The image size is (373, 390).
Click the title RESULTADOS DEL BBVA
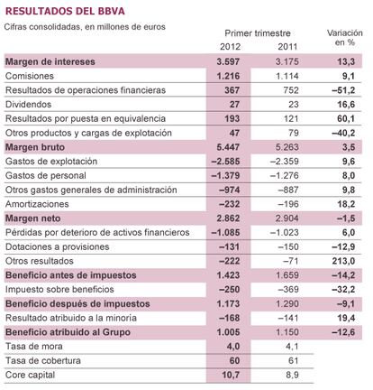[x=65, y=12]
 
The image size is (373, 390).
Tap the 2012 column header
[x=230, y=47]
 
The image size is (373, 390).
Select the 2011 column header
[x=287, y=47]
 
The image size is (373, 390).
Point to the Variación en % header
[x=345, y=38]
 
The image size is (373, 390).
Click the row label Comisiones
[x=30, y=76]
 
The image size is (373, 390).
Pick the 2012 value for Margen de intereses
[x=228, y=61]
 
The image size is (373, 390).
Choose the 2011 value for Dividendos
[x=293, y=105]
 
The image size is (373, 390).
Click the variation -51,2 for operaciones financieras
[x=343, y=90]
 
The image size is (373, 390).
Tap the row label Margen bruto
[x=35, y=147]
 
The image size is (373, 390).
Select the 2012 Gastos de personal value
[x=225, y=175]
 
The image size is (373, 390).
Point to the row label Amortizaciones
[x=37, y=204]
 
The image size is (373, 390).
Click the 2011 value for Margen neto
[x=287, y=218]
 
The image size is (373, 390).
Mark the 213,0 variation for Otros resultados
[x=343, y=261]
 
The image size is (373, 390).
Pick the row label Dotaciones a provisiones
[x=57, y=246]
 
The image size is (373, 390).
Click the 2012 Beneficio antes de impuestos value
[x=228, y=275]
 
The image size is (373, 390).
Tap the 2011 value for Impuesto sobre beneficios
[x=288, y=290]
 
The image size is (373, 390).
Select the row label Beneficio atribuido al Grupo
[x=68, y=332]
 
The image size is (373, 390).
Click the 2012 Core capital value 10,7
[x=231, y=375]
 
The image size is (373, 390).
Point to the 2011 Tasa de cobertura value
[x=293, y=360]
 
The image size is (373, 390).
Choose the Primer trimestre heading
[x=258, y=33]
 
